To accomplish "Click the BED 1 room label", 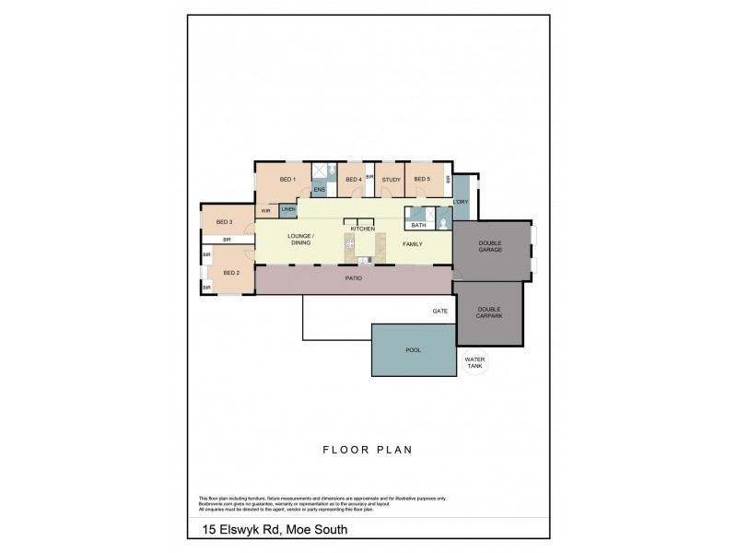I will (x=287, y=179).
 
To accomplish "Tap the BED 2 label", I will (x=231, y=273).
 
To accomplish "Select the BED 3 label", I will (x=224, y=221).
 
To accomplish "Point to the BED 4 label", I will (x=352, y=179).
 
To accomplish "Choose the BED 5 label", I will (x=421, y=179).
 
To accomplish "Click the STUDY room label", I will (x=390, y=179).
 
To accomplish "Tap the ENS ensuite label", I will (x=319, y=190).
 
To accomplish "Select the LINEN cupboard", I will (x=288, y=210).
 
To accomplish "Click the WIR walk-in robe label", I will (x=265, y=211).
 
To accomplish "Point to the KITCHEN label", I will (x=362, y=228).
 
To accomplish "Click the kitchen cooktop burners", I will (x=350, y=244).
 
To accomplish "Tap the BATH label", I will (x=418, y=225).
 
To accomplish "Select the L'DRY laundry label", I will (x=461, y=202).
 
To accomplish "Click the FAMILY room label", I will (x=411, y=244).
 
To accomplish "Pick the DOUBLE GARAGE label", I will (x=489, y=247).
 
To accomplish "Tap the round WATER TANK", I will (x=474, y=362).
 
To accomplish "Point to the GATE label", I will (x=439, y=312).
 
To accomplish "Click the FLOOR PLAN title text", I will (x=366, y=451).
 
